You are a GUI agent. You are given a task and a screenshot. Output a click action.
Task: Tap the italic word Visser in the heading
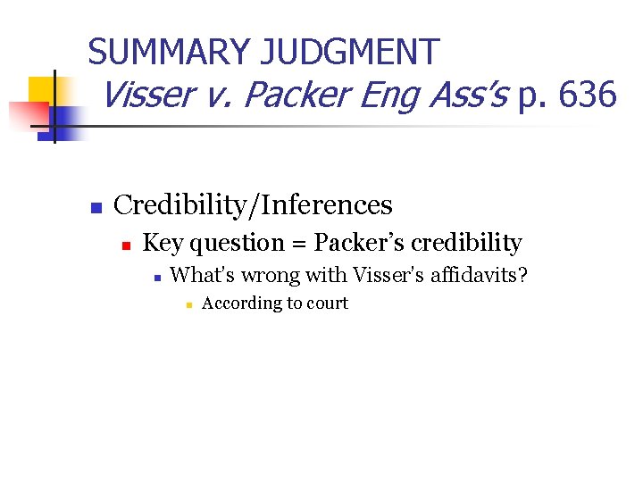pos(146,93)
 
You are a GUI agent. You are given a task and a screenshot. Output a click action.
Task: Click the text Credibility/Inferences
pos(254,204)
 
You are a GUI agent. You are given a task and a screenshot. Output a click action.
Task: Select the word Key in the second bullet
pos(162,243)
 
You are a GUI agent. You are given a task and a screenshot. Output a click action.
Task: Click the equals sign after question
pos(297,244)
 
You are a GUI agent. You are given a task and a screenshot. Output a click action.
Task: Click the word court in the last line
pos(327,303)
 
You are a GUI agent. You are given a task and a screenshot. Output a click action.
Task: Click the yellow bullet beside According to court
pos(188,305)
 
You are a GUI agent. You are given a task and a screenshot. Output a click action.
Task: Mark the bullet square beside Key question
pos(127,245)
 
